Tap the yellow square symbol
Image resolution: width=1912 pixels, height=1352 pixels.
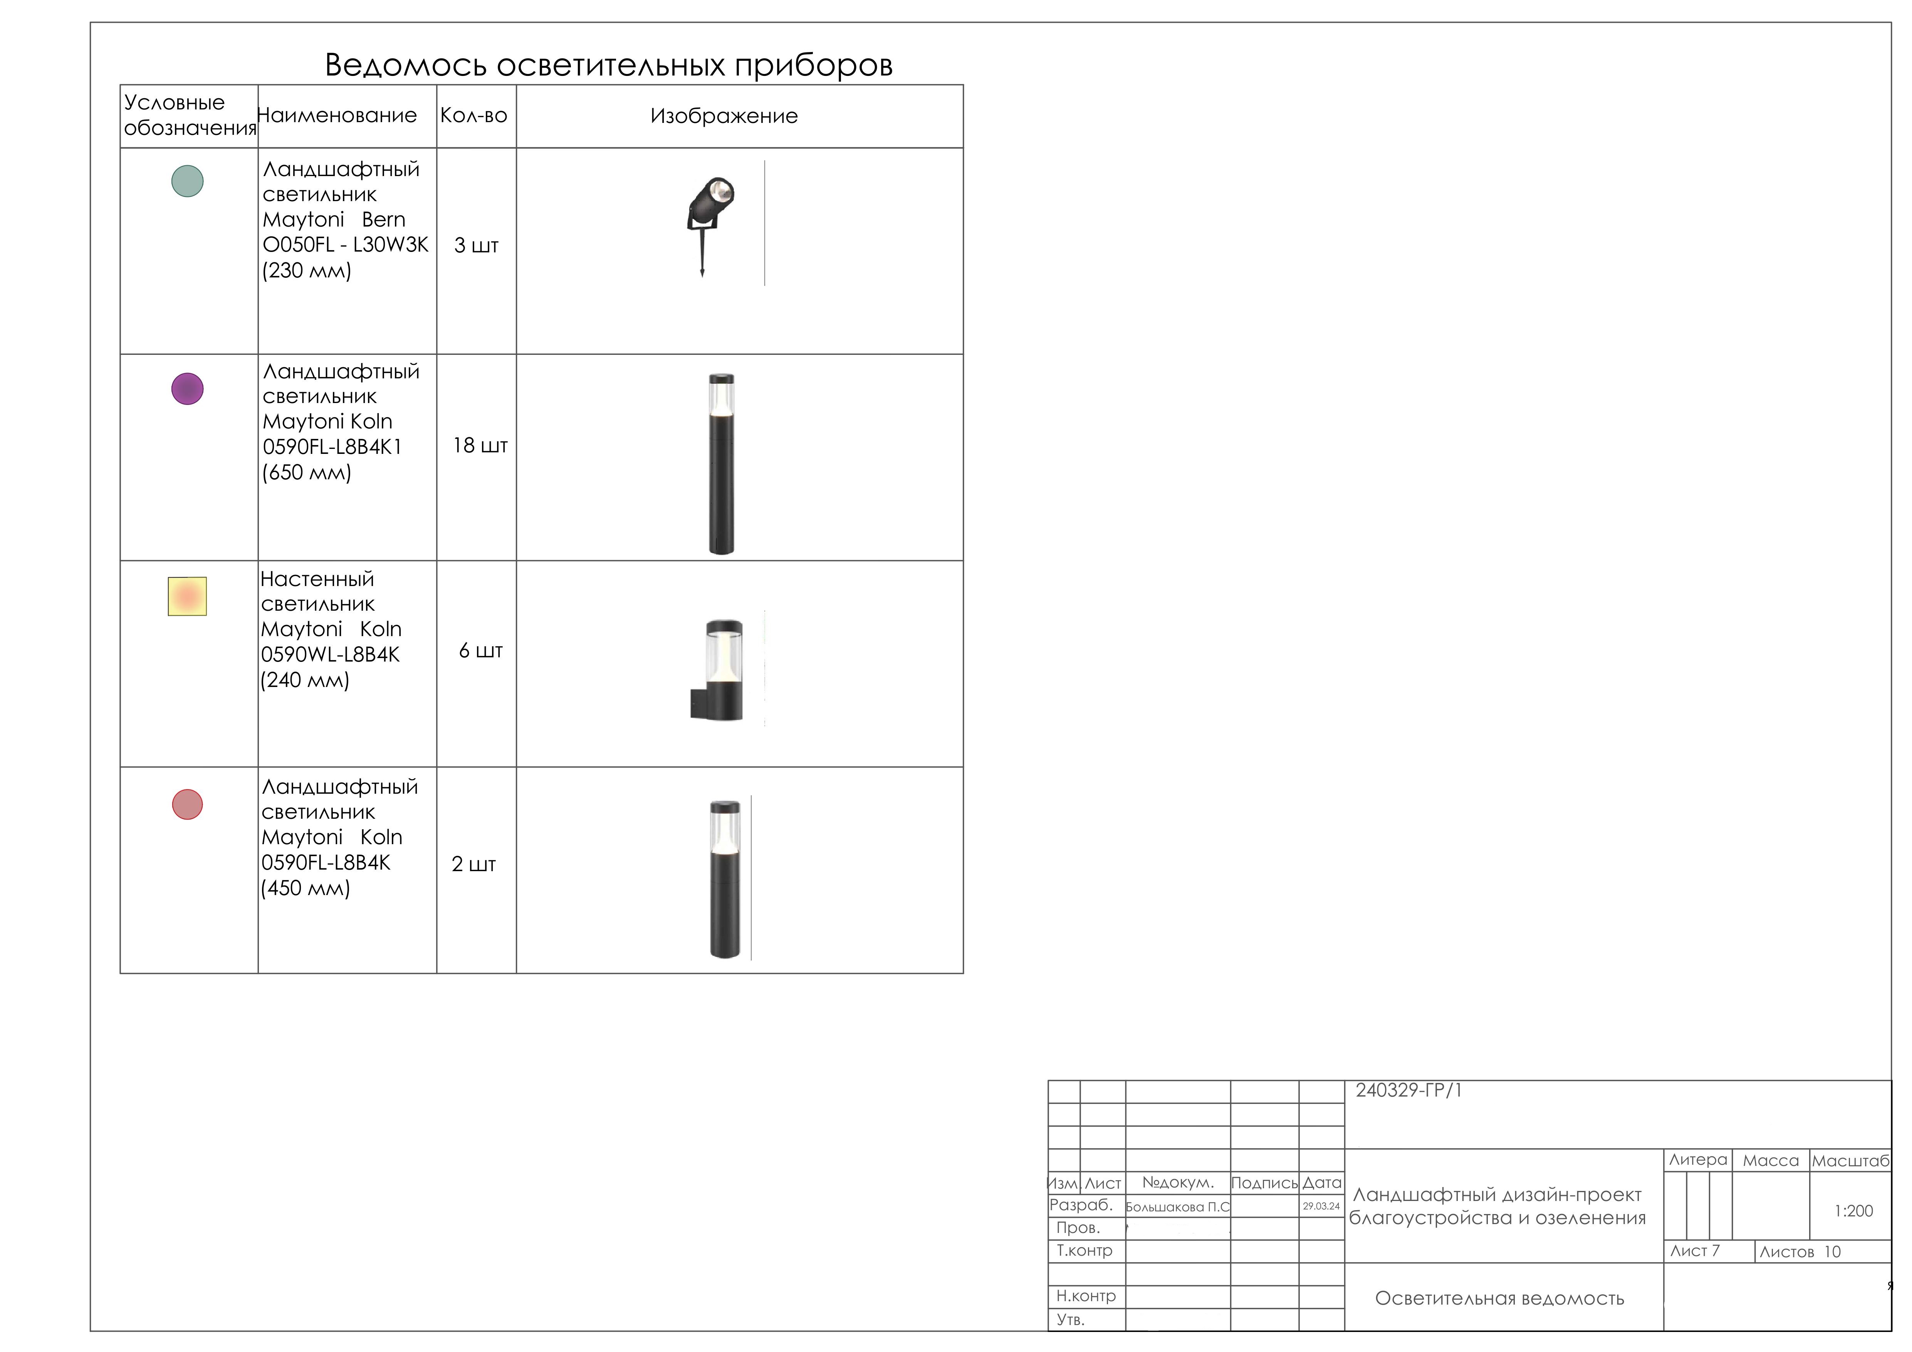pyautogui.click(x=187, y=596)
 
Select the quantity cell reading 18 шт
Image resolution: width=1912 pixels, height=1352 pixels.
pyautogui.click(x=480, y=446)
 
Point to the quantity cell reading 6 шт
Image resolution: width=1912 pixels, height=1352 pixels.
pyautogui.click(x=480, y=651)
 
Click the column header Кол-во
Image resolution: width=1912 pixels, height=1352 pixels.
pyautogui.click(x=474, y=116)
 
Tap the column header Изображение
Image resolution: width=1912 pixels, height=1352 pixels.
pyautogui.click(x=724, y=116)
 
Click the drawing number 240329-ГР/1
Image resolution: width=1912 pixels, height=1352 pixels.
pyautogui.click(x=1408, y=1090)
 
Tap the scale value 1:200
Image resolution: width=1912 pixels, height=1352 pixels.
pyautogui.click(x=1853, y=1211)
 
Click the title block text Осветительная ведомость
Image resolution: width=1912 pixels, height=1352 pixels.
pyautogui.click(x=1499, y=1299)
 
